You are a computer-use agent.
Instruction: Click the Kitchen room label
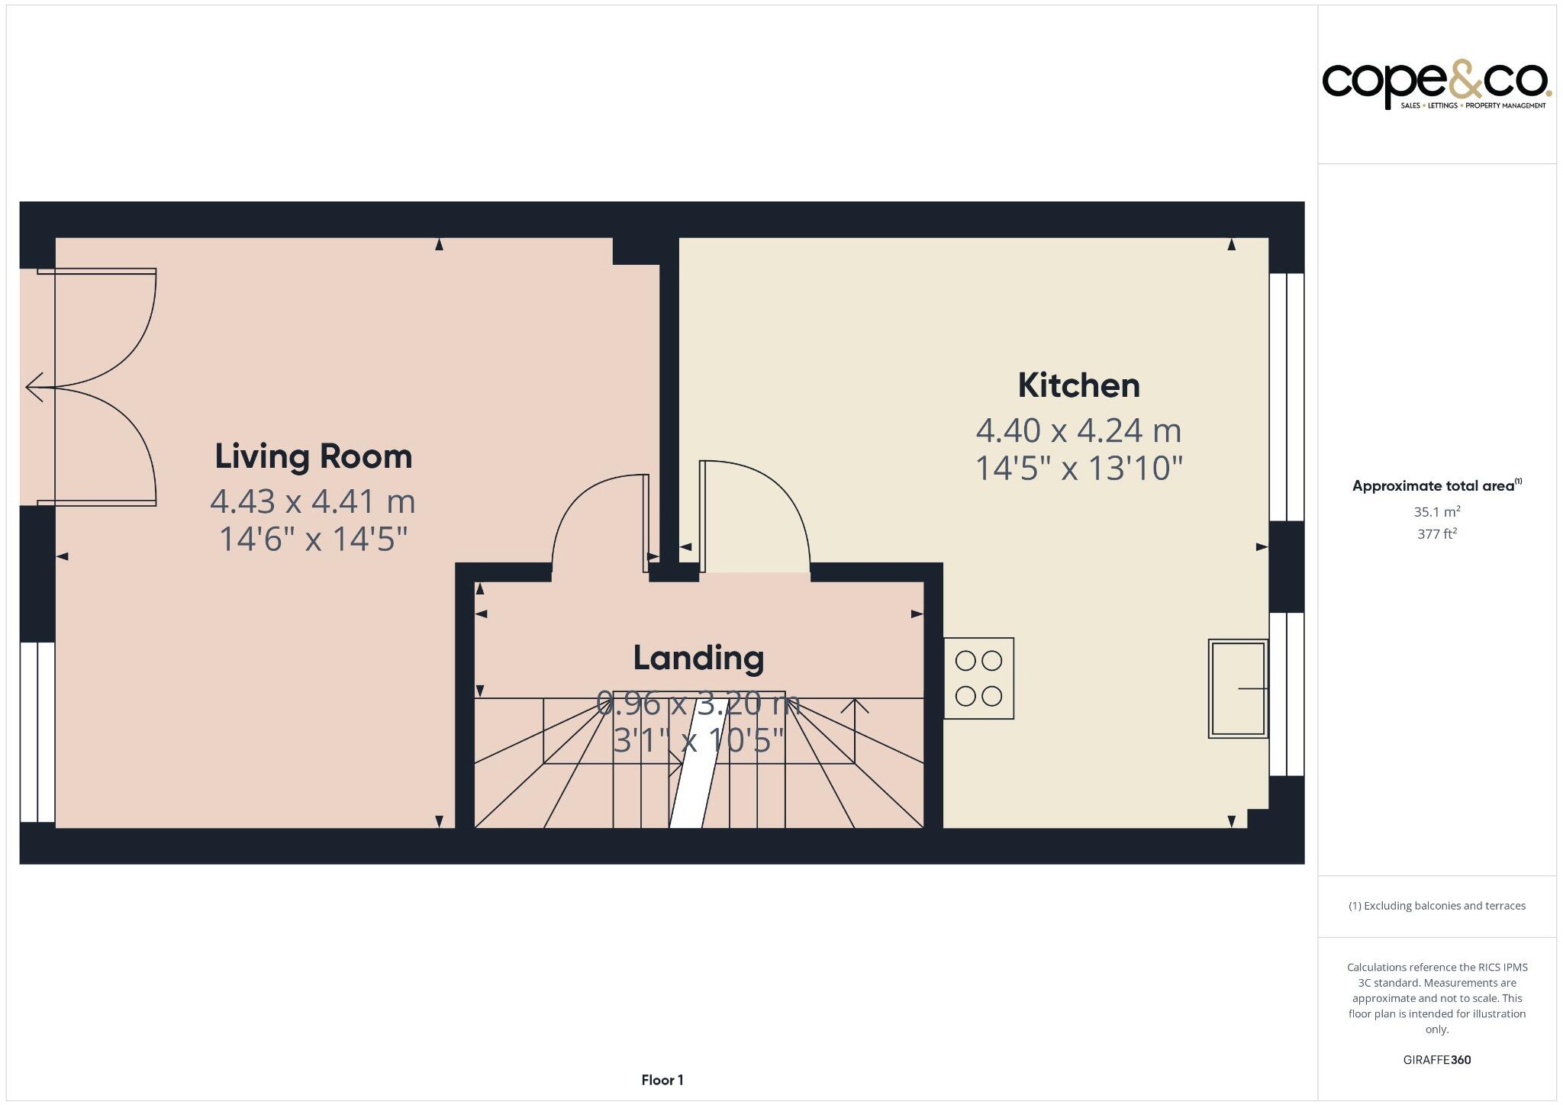[1078, 385]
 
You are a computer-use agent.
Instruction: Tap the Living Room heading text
[313, 456]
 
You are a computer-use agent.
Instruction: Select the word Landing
[698, 658]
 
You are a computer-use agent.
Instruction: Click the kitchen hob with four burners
[978, 678]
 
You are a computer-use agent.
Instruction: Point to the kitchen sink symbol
[1237, 688]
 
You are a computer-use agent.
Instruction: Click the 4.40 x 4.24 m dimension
[1078, 430]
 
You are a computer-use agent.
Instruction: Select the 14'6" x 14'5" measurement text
[313, 539]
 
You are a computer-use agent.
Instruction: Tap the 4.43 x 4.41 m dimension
[313, 501]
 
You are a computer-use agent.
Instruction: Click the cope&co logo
[1436, 85]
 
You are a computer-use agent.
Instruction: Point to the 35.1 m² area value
[1436, 512]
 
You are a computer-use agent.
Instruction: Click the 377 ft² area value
[1436, 534]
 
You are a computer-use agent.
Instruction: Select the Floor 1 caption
[662, 1080]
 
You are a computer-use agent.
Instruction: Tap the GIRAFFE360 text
[1436, 1059]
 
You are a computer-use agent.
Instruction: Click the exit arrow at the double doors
[34, 387]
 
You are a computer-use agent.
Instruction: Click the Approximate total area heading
[1436, 486]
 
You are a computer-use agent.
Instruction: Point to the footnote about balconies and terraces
[1436, 906]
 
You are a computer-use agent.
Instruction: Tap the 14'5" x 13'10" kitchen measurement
[1078, 468]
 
